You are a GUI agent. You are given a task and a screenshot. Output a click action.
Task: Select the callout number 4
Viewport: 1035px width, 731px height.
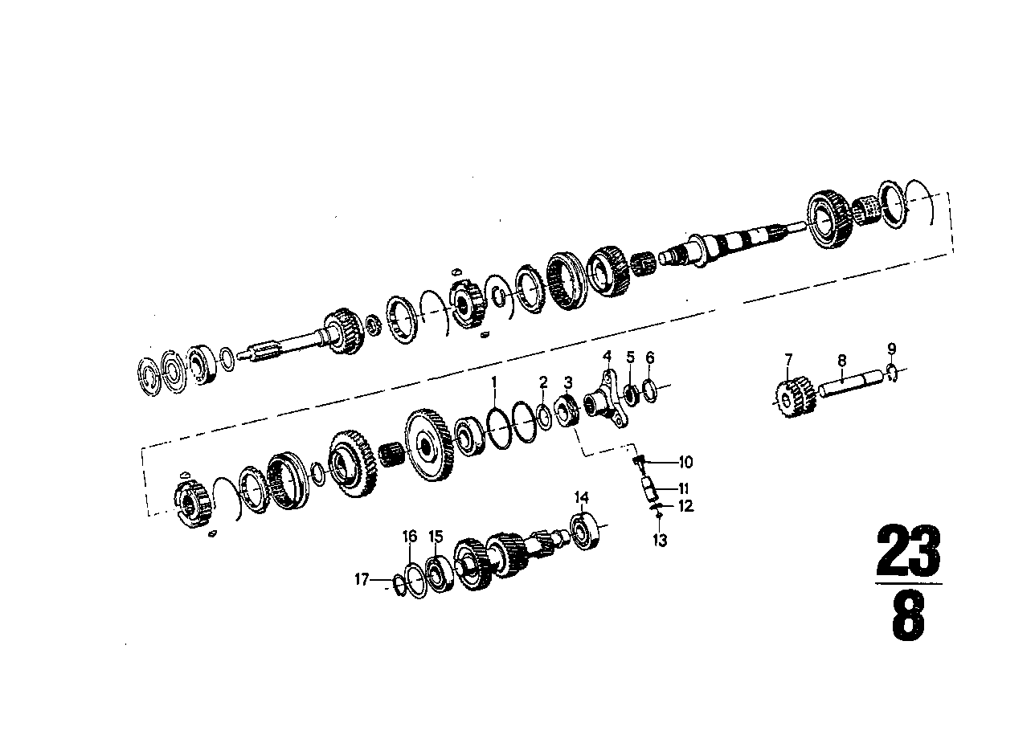(x=607, y=356)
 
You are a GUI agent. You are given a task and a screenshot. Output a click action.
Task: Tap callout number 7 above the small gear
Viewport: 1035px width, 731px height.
(x=788, y=360)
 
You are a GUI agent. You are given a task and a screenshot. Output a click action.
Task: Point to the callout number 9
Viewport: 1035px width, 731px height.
(x=892, y=349)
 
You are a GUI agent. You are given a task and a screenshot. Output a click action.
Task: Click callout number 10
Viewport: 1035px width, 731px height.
(x=685, y=462)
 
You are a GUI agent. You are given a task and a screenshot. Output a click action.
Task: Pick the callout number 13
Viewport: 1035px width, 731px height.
(x=661, y=540)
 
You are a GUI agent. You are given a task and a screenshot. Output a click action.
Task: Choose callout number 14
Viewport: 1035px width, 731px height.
(x=582, y=498)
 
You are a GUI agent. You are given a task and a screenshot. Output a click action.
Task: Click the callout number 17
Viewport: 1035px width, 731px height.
(x=362, y=578)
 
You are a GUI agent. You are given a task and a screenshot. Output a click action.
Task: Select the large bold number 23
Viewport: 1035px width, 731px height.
(x=908, y=551)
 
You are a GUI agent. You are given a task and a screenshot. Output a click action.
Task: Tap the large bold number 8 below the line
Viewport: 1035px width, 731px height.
(x=908, y=615)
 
